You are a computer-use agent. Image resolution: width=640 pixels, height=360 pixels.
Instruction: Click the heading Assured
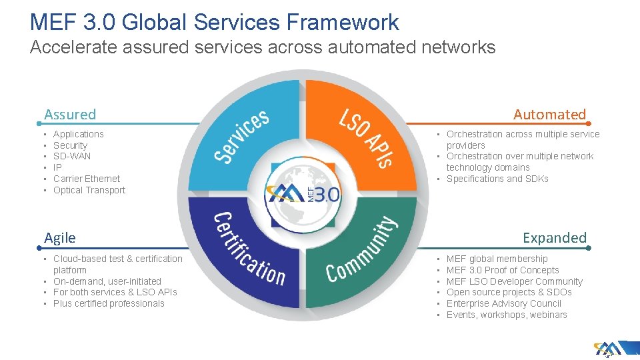70,115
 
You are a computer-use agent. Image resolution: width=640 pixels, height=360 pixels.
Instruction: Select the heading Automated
549,115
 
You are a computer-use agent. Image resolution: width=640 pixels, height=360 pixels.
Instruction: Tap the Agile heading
60,238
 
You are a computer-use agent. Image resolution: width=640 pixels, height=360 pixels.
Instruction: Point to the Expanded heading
555,238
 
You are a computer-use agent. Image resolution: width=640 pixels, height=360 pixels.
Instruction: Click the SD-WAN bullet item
72,156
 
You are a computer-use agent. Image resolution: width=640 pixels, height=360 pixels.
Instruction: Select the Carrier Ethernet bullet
87,179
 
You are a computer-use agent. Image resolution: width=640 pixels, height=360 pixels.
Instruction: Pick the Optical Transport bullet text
89,190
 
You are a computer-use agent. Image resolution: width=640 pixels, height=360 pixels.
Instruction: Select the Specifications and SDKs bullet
497,179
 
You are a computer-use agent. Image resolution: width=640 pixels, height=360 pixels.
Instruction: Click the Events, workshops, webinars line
507,315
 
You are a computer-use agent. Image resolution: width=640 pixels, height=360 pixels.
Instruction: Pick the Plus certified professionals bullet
109,303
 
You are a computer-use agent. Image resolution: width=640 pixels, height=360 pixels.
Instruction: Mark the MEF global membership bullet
497,259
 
